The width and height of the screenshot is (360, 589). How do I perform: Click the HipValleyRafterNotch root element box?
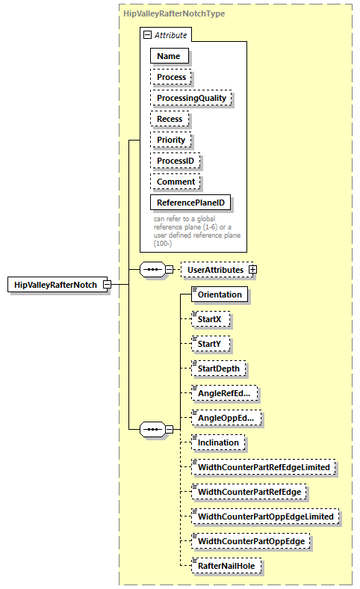(x=55, y=285)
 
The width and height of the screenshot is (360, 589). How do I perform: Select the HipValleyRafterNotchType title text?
(x=174, y=13)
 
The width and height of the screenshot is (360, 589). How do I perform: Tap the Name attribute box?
(x=170, y=55)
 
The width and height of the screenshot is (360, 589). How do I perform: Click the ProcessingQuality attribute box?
(x=191, y=98)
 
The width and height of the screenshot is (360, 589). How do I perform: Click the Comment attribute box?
(x=176, y=182)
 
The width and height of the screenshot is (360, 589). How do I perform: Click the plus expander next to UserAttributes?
(x=252, y=269)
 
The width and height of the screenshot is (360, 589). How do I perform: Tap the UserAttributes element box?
(x=214, y=269)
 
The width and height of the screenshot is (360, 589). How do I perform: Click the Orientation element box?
(x=220, y=294)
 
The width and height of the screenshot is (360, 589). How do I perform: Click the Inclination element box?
(x=218, y=442)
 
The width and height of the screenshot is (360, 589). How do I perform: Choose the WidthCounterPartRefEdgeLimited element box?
(x=263, y=467)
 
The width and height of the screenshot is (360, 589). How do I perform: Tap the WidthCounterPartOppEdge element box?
(x=253, y=541)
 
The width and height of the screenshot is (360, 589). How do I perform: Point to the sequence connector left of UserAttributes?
(x=152, y=269)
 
